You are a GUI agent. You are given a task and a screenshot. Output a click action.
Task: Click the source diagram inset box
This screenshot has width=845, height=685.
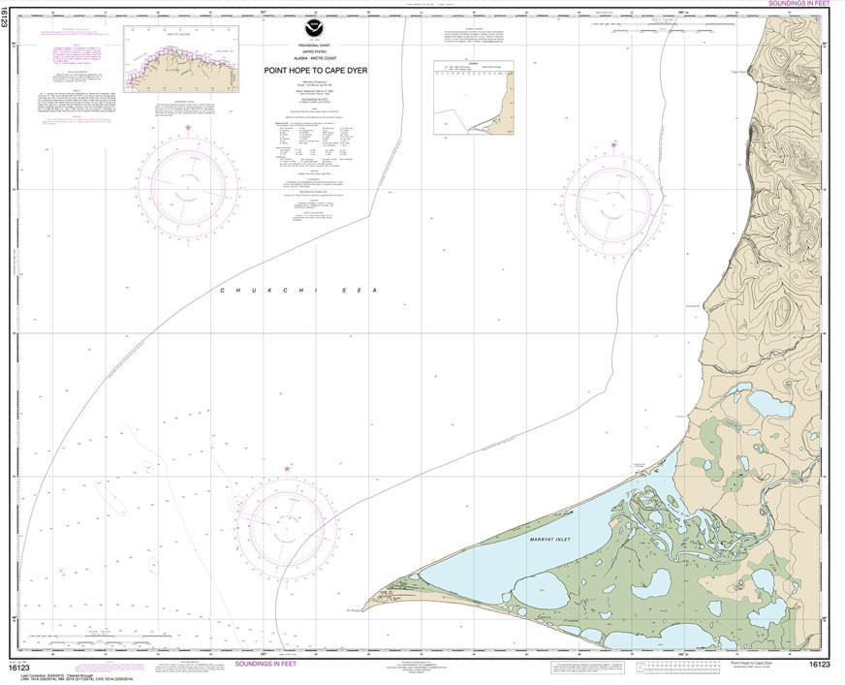tap(473, 98)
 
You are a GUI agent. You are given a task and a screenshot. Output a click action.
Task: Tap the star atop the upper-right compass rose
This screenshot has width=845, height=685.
tap(613, 145)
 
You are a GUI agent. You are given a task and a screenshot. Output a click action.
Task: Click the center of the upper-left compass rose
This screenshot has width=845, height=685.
tap(189, 183)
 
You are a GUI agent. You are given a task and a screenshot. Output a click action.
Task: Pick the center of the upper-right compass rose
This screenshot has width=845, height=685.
tap(612, 201)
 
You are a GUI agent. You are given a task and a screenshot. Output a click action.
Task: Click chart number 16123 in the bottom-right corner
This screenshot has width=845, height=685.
tap(820, 665)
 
